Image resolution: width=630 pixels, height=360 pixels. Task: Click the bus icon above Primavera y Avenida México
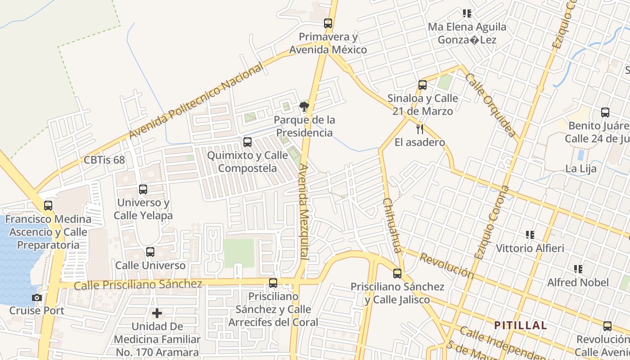coord(328,23)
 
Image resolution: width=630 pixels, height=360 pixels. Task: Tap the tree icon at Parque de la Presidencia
coord(304,107)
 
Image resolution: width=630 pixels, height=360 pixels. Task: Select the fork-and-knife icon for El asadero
coord(420,129)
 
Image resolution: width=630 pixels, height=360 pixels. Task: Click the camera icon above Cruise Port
coord(37,297)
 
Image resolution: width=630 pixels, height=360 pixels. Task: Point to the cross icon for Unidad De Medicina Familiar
coord(157,313)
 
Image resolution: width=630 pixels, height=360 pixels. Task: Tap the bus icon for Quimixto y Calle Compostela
coord(247,142)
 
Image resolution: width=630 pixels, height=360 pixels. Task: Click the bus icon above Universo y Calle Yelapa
coord(143,189)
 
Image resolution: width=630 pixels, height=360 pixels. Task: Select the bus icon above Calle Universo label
coord(150,252)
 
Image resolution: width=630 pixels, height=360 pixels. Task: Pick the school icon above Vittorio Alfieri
coord(530,234)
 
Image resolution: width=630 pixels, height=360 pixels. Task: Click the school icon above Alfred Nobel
coord(578,269)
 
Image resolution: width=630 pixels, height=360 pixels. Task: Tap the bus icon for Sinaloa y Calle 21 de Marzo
coord(422,85)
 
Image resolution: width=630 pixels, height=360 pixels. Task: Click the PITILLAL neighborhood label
coord(521,325)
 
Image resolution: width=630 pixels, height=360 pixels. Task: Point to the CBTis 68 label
coord(104,160)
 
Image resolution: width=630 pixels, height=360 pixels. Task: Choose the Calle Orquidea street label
coord(490,104)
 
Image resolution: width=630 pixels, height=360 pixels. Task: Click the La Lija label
coord(581,169)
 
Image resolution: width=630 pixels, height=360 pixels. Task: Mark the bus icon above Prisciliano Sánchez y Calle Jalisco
coord(397,273)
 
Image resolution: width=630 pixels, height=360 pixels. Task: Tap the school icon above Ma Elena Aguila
coord(467,13)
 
